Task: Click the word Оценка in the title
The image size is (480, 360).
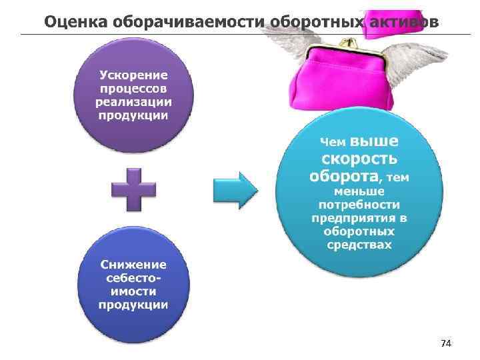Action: click(72, 22)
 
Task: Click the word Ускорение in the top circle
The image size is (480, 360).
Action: click(133, 73)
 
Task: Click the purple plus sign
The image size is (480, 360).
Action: click(134, 189)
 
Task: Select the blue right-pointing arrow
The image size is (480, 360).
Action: click(235, 190)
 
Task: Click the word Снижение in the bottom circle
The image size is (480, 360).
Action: click(133, 264)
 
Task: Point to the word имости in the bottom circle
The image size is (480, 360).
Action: click(133, 291)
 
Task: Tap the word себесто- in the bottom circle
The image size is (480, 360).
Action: click(133, 278)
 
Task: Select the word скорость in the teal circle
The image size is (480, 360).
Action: click(359, 160)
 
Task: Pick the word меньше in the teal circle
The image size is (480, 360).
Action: click(359, 191)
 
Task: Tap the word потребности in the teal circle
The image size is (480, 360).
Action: click(359, 205)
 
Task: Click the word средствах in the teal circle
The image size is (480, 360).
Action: click(359, 245)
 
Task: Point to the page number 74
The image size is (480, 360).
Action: click(446, 343)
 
